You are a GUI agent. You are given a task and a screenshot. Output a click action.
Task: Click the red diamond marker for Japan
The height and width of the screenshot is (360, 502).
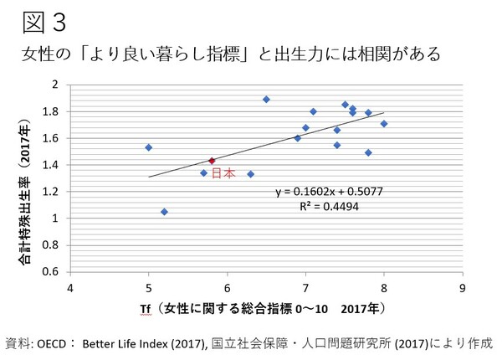[x=212, y=161]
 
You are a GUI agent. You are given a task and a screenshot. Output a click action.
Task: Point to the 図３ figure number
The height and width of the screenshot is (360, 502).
[x=33, y=18]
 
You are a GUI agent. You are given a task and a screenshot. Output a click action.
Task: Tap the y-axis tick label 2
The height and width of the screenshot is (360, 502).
[x=55, y=85]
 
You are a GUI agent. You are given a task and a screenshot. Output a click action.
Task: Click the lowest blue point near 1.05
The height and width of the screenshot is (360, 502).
[x=164, y=212]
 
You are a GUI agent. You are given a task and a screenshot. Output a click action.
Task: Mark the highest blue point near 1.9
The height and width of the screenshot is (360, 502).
[x=266, y=99]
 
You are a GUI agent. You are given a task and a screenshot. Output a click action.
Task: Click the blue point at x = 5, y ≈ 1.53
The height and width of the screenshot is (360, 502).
[x=149, y=147]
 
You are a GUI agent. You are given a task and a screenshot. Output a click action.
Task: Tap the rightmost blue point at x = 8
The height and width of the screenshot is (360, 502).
[x=384, y=124]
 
